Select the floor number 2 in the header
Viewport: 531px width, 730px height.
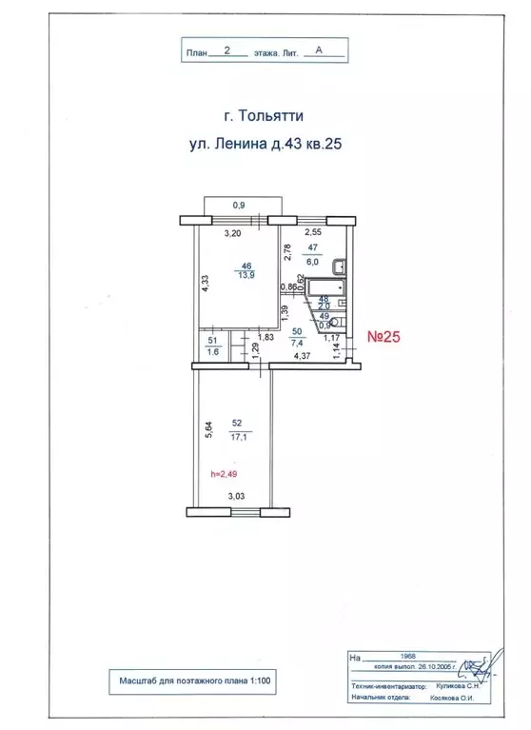coord(226,53)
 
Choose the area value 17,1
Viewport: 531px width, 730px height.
coord(236,437)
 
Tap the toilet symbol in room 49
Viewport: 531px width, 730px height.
coord(339,321)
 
